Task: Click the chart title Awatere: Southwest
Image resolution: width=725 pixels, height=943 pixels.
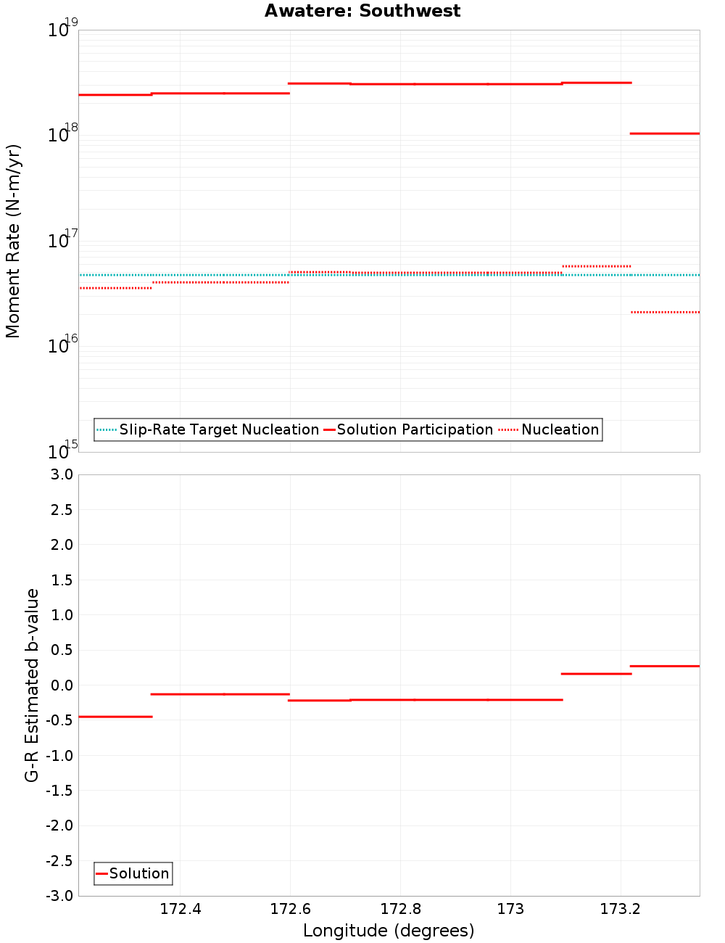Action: (362, 11)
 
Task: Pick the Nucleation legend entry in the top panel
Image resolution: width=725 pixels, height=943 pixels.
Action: (550, 429)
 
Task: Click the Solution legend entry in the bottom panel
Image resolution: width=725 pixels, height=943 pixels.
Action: (133, 873)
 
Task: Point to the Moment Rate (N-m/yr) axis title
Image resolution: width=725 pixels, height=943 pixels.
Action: (13, 241)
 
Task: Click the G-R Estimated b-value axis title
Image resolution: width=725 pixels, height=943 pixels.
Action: (32, 685)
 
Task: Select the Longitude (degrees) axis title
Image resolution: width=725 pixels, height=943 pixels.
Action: (389, 931)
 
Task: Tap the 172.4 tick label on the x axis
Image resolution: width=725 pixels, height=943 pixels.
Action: (181, 910)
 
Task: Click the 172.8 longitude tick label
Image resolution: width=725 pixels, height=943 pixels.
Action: (400, 910)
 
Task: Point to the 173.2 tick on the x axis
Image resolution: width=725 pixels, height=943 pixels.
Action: (620, 910)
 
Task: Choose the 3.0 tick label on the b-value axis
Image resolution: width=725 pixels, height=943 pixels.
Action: (61, 474)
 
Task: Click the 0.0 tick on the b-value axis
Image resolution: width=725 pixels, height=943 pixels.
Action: (61, 685)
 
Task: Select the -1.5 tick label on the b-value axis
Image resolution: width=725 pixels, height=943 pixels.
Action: (59, 791)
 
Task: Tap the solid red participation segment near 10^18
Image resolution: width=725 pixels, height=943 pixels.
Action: (665, 133)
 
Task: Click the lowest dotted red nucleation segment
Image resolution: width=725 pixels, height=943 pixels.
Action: (665, 312)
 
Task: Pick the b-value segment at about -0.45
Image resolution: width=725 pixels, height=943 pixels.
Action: (115, 717)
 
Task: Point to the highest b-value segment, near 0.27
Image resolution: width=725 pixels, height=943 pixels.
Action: (665, 666)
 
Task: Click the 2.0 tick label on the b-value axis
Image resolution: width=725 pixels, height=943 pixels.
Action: (61, 545)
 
